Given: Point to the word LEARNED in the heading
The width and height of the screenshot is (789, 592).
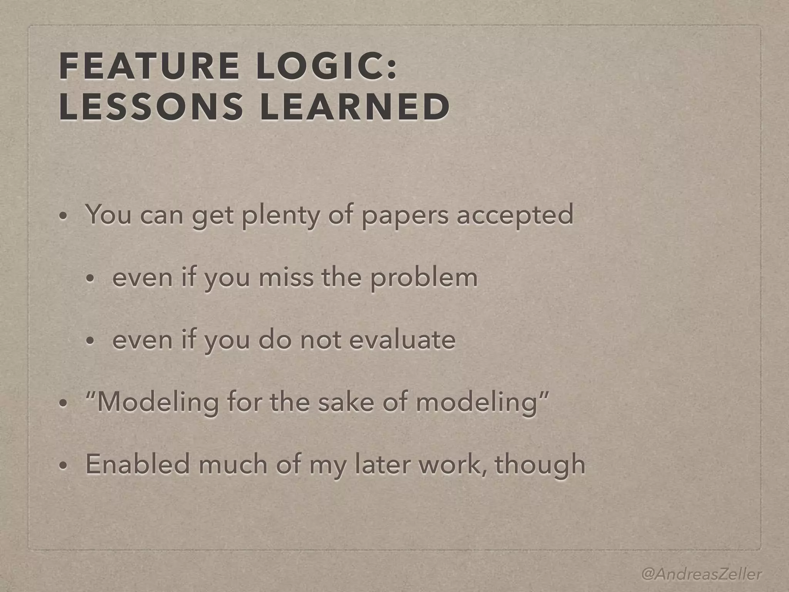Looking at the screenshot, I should (x=354, y=106).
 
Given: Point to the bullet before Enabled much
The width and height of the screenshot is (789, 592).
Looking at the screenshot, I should (x=63, y=465).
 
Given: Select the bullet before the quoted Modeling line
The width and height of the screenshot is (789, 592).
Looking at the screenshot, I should (x=63, y=403).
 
